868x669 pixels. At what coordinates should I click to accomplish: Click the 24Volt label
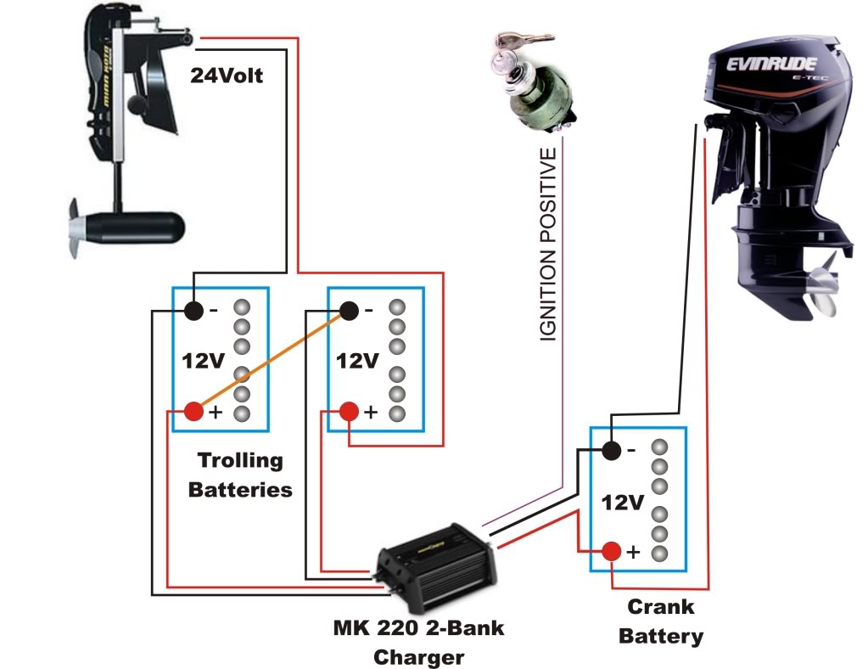(227, 76)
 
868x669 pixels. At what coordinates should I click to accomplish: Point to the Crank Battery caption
(660, 621)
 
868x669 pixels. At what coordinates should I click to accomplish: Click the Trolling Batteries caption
(240, 475)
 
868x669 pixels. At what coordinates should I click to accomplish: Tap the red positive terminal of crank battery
(611, 552)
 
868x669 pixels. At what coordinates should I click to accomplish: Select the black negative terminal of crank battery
(611, 450)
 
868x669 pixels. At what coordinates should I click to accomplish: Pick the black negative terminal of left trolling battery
(194, 311)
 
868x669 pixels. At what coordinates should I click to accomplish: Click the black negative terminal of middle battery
(349, 311)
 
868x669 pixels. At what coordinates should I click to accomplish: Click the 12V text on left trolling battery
(204, 361)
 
